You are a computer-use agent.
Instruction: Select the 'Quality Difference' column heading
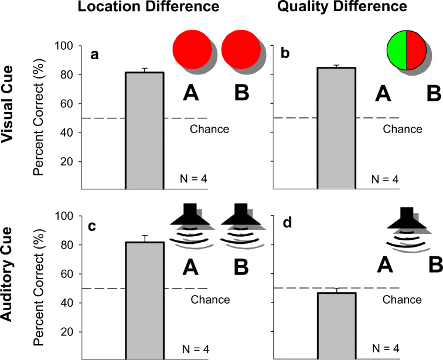tap(343, 8)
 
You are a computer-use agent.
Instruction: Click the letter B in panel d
tap(432, 267)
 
